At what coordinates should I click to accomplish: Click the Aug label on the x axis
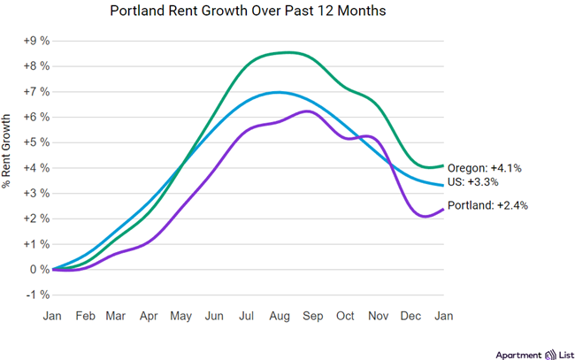tap(280, 314)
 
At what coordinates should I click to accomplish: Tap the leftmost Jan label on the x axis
tap(53, 314)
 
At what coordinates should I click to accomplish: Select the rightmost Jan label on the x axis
tap(442, 314)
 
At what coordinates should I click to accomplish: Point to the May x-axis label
tap(181, 314)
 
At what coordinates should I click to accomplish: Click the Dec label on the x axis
tap(410, 314)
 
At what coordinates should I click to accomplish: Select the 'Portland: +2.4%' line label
tap(489, 205)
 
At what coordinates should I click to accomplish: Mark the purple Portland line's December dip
tap(423, 217)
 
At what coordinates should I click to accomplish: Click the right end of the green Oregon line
tap(442, 165)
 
